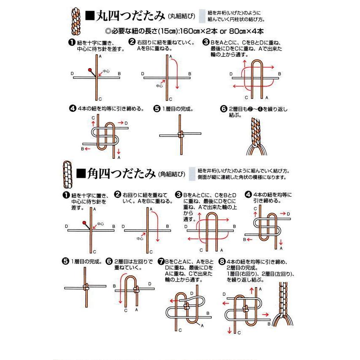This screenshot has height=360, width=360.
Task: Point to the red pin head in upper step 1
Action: (90, 69)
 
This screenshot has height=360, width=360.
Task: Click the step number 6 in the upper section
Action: (224, 109)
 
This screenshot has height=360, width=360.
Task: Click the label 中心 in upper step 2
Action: (159, 86)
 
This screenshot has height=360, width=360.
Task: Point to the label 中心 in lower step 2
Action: (140, 238)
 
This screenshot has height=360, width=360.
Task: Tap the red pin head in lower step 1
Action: (85, 223)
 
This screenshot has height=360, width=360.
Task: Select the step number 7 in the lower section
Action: (161, 261)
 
